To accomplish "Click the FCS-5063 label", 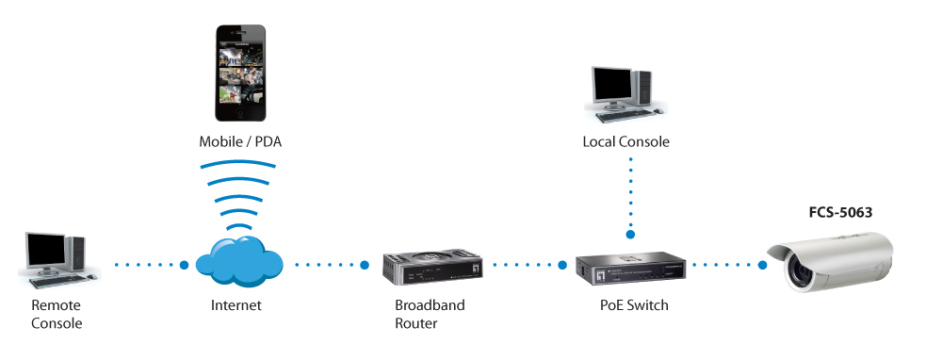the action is pos(839,213).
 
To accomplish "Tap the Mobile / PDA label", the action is pos(240,142).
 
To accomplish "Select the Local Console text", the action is pos(625,142).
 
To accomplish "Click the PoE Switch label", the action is pos(634,305).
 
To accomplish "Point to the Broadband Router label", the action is pos(430,314).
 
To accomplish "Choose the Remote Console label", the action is pos(57,314).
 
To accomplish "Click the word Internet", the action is pos(236,305).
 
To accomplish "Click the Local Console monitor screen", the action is pos(612,87).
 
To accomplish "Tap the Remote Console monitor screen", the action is pos(45,253).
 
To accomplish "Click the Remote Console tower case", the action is pos(76,255).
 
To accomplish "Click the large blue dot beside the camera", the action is pos(762,265).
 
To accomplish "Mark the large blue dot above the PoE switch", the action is pos(630,234).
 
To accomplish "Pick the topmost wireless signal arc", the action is pos(238,163).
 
